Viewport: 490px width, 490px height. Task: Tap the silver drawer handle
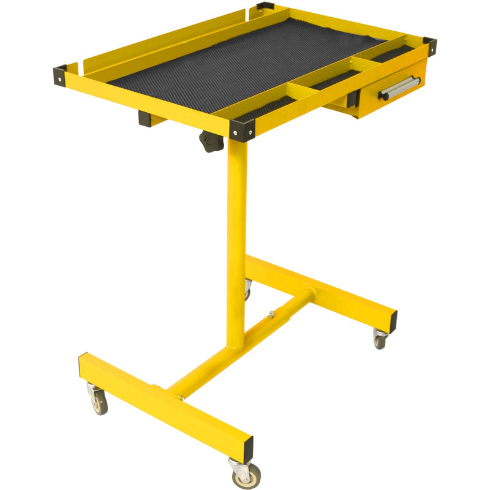[x=399, y=88]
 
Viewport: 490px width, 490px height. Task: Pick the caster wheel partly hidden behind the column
[x=247, y=288]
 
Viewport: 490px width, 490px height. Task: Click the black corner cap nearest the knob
[x=242, y=130]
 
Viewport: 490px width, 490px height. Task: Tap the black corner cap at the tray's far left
[x=60, y=75]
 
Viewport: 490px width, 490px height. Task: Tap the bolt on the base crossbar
[x=271, y=315]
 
